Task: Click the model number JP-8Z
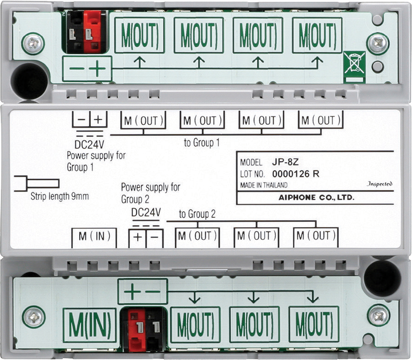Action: tap(285, 162)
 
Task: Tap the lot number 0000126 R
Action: tap(296, 174)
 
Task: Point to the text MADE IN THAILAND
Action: tap(264, 185)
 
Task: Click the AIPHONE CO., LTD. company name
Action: tap(317, 197)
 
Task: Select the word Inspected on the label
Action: tap(380, 183)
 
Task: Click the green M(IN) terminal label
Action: tap(89, 325)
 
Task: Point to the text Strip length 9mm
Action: tap(60, 196)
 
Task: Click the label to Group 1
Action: tap(202, 143)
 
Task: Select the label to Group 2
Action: tap(197, 214)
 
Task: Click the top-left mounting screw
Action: tap(33, 44)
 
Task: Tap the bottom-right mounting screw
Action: tap(379, 316)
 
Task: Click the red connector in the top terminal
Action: tap(92, 32)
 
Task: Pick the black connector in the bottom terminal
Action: tap(155, 329)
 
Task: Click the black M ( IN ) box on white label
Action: tap(94, 238)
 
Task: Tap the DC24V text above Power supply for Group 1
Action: tap(89, 145)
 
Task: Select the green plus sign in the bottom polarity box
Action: tap(132, 291)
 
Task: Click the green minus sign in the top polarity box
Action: tap(77, 69)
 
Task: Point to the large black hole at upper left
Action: tap(29, 81)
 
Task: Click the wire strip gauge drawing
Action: tap(37, 183)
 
